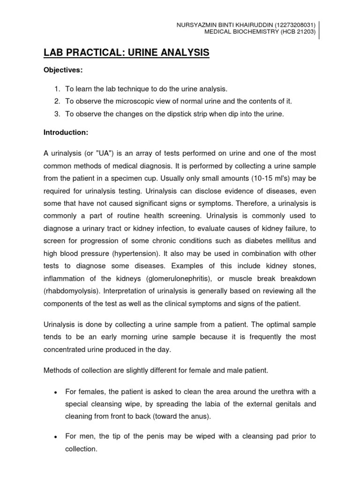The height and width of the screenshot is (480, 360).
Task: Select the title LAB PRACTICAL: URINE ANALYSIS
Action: pos(127,53)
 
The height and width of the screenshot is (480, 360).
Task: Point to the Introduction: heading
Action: pos(66,133)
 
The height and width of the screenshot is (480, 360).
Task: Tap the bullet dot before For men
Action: pos(55,436)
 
